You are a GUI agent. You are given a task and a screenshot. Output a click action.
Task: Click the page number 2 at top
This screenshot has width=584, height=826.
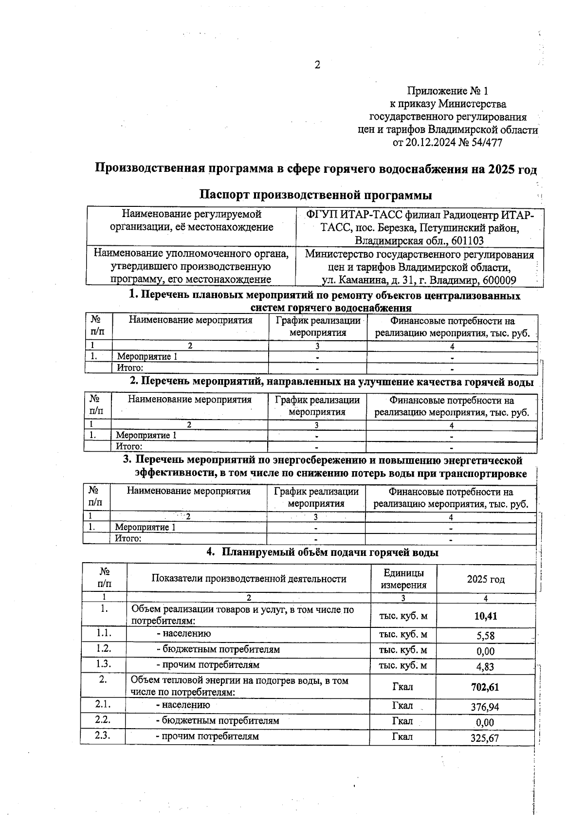pos(317,65)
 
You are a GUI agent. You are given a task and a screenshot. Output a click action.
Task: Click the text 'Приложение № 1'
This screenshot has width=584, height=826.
pos(447,91)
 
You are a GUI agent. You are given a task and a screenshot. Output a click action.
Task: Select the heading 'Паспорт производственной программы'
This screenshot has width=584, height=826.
pos(315,195)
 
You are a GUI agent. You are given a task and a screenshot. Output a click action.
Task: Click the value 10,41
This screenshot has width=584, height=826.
pos(485,616)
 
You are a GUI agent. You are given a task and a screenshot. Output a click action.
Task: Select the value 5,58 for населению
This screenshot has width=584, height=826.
pos(485,635)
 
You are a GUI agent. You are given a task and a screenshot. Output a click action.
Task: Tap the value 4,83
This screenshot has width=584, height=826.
pos(485,666)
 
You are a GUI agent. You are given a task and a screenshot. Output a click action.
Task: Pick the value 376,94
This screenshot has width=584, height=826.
pos(485,707)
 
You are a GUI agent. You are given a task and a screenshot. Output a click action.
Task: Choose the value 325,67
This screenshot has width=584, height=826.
pos(485,738)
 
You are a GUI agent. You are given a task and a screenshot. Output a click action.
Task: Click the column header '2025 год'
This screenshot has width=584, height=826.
pos(486,579)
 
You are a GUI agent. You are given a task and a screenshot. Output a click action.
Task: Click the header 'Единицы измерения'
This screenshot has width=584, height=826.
pos(403,579)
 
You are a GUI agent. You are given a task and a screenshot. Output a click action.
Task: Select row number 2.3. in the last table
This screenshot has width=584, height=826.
pos(103,735)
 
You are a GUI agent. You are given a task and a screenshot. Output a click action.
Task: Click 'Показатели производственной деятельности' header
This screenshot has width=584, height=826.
pos(249,579)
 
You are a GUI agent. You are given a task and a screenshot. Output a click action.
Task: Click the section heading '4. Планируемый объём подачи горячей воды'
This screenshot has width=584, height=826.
pos(322,552)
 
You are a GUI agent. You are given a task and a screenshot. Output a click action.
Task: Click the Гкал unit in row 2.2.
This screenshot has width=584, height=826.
pos(402,721)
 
